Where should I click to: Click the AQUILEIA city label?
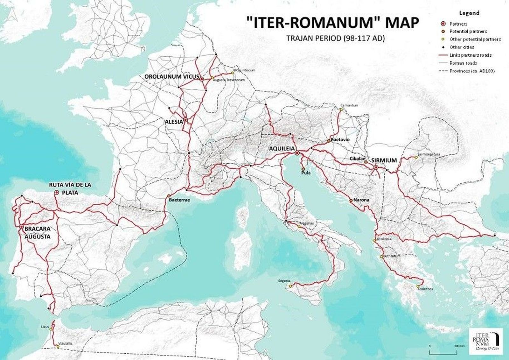pos(282,149)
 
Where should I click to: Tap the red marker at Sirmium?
pos(376,167)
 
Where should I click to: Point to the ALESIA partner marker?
pos(185,120)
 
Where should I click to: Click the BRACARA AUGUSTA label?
pos(37,233)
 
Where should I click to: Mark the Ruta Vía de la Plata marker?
pos(57,192)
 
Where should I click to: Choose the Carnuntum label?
pos(349,105)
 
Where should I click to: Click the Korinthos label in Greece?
pos(425,289)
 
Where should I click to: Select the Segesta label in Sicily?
pos(284,281)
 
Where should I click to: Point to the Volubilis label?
pos(65,344)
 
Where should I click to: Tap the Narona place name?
pos(361,200)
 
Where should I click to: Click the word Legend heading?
pos(469,13)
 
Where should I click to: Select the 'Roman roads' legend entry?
pos(463,63)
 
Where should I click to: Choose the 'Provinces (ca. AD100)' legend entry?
pos(472,71)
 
